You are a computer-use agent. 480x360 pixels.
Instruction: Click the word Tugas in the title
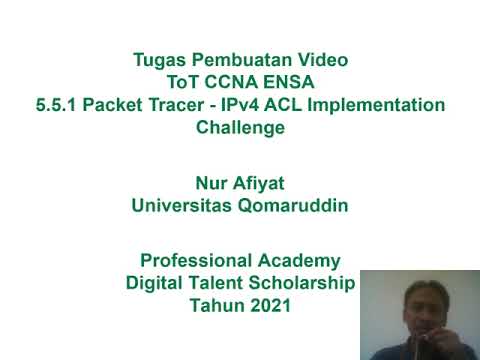coord(158,59)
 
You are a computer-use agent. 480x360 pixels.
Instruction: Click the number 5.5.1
coord(56,105)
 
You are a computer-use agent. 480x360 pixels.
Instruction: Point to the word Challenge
coord(240,128)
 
